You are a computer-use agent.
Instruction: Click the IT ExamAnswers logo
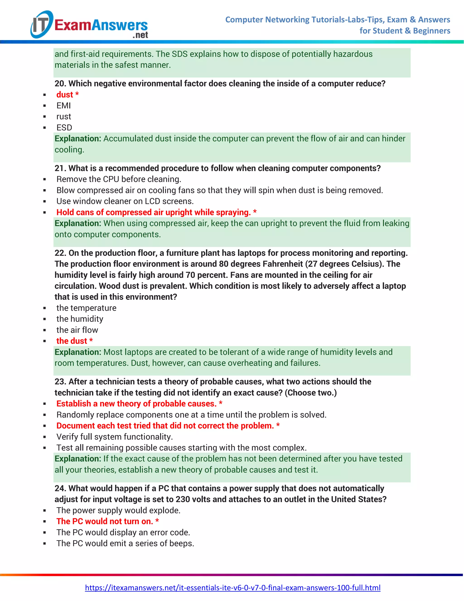point(89,25)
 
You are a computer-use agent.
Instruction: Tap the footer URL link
point(232,588)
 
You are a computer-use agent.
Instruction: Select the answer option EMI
point(63,106)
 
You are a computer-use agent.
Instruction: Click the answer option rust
point(63,117)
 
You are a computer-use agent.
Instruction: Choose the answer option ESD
point(64,128)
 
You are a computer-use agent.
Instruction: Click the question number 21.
point(60,168)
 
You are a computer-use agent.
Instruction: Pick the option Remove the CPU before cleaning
point(118,179)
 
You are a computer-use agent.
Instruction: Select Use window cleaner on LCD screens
point(125,201)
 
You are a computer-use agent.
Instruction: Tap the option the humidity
point(80,319)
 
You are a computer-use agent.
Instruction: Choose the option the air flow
point(77,330)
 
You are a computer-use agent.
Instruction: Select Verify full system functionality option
point(114,437)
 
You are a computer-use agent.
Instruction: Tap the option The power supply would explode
point(118,511)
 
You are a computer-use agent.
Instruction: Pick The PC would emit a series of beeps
point(125,543)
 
